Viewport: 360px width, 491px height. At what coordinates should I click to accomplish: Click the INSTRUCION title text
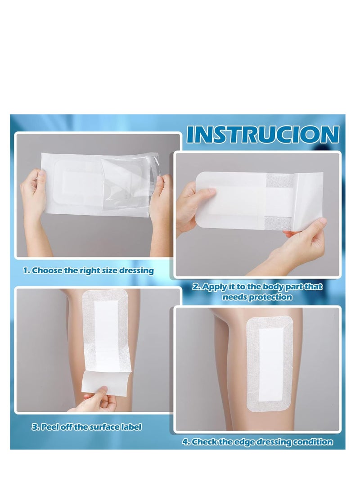tap(262, 134)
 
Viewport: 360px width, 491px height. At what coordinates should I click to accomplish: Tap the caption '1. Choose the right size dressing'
tap(89, 270)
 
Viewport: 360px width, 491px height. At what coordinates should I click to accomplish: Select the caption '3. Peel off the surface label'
tap(86, 427)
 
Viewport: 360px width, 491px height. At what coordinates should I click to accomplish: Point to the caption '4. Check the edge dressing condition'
tap(257, 442)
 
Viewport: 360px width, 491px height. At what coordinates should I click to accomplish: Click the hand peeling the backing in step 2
tap(306, 243)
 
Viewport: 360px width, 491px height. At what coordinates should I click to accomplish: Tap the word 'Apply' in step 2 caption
tap(215, 287)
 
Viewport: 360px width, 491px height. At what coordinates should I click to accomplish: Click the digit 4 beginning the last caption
tap(184, 442)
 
